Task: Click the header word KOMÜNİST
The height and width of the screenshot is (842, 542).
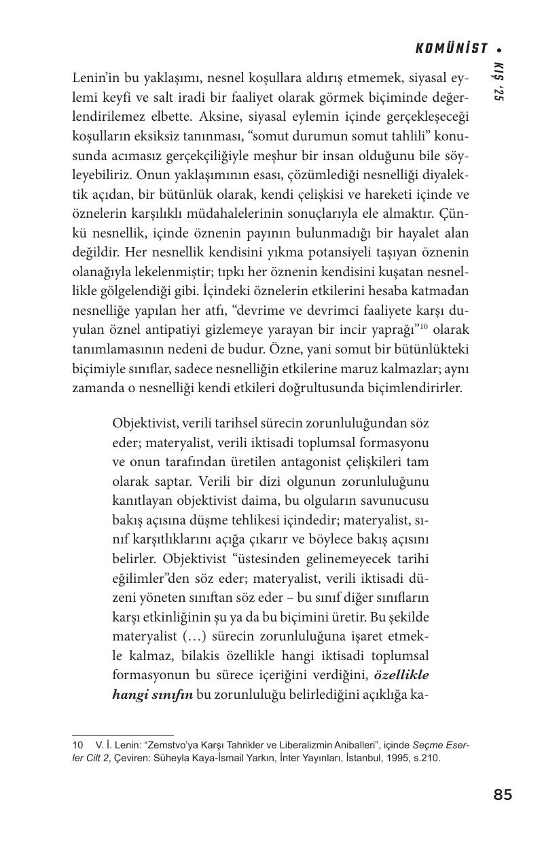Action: (x=452, y=48)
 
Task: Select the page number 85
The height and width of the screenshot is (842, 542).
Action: (x=503, y=795)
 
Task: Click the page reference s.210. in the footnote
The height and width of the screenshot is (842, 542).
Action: (x=426, y=759)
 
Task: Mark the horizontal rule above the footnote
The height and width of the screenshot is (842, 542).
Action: (x=123, y=735)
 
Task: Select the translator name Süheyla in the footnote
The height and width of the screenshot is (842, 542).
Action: (x=210, y=759)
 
